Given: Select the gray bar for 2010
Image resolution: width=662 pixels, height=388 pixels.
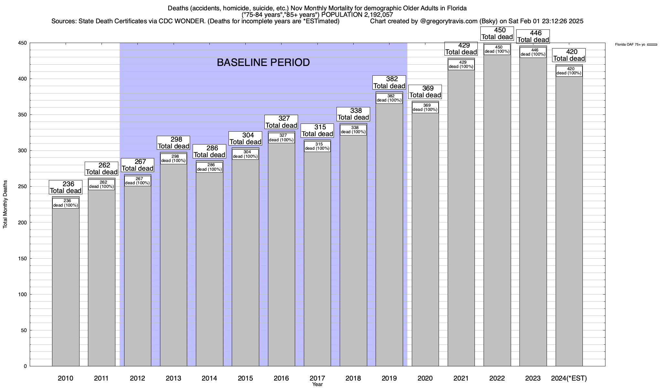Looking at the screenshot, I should [x=66, y=285].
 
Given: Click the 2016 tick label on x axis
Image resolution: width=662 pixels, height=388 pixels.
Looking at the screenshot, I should [x=281, y=378].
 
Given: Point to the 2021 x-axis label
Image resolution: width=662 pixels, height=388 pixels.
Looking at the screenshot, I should [x=461, y=378].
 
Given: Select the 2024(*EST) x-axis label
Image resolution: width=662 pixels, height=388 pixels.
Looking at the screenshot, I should [x=569, y=378].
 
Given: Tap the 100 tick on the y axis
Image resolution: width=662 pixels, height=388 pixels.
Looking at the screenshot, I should [x=23, y=295].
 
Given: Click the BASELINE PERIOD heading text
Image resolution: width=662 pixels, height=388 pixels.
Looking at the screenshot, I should [x=263, y=62].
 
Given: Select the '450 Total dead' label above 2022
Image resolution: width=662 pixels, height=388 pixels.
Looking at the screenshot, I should [x=497, y=34].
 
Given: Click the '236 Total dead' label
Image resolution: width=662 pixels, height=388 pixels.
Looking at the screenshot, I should [x=66, y=188].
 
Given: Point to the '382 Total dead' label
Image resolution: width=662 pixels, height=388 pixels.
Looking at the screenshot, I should [x=389, y=82].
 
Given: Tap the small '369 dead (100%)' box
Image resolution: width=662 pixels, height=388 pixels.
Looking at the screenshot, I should [x=425, y=108].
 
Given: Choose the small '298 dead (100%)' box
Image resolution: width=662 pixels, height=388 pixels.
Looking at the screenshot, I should [x=173, y=159].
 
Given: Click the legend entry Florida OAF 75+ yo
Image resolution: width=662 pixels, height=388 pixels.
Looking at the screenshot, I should [x=630, y=45].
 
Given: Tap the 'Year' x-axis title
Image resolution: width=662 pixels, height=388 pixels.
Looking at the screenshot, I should [x=317, y=384].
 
